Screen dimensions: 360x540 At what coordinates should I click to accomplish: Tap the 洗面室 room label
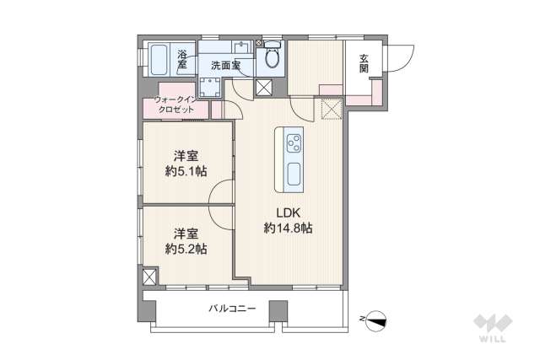tap(226, 65)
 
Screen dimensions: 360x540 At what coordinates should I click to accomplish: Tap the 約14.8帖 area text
tap(288, 228)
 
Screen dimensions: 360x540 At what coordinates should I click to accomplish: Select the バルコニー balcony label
tap(232, 309)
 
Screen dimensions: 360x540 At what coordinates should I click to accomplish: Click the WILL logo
tap(491, 327)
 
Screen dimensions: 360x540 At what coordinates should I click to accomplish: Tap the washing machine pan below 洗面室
tap(209, 86)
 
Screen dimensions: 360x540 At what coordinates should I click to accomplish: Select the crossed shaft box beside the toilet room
tap(264, 87)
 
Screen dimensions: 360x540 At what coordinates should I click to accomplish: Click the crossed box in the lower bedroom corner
tap(149, 277)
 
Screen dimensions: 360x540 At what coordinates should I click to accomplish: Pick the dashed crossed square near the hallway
tap(331, 106)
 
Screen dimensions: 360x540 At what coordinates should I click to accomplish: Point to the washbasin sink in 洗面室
tap(243, 47)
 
